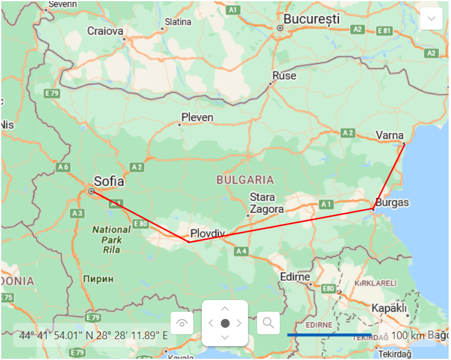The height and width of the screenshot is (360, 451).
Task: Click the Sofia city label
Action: (x=109, y=181)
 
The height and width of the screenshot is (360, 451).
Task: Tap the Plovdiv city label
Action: (x=206, y=233)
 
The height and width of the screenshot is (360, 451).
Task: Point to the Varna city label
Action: (x=390, y=136)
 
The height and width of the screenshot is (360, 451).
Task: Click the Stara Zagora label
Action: (x=262, y=203)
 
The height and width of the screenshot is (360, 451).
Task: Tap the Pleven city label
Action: (x=197, y=117)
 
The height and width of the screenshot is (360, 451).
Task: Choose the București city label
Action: (x=311, y=19)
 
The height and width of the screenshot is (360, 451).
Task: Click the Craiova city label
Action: (x=105, y=31)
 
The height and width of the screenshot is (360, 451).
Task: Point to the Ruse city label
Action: (x=284, y=76)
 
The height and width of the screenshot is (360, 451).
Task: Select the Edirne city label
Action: (x=295, y=277)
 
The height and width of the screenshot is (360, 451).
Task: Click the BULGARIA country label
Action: (x=245, y=179)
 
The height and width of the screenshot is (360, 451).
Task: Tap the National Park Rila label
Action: (x=111, y=239)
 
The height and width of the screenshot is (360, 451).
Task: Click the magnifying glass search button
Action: (x=268, y=323)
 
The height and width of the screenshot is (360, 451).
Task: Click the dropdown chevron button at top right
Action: (x=431, y=19)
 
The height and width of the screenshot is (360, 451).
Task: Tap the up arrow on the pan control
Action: (x=225, y=309)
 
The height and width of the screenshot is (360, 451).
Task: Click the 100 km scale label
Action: (x=408, y=336)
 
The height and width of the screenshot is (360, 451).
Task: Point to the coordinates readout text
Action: (x=94, y=336)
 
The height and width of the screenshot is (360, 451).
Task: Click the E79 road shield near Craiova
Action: (x=52, y=94)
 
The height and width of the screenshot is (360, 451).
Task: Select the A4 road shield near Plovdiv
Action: (x=241, y=252)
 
